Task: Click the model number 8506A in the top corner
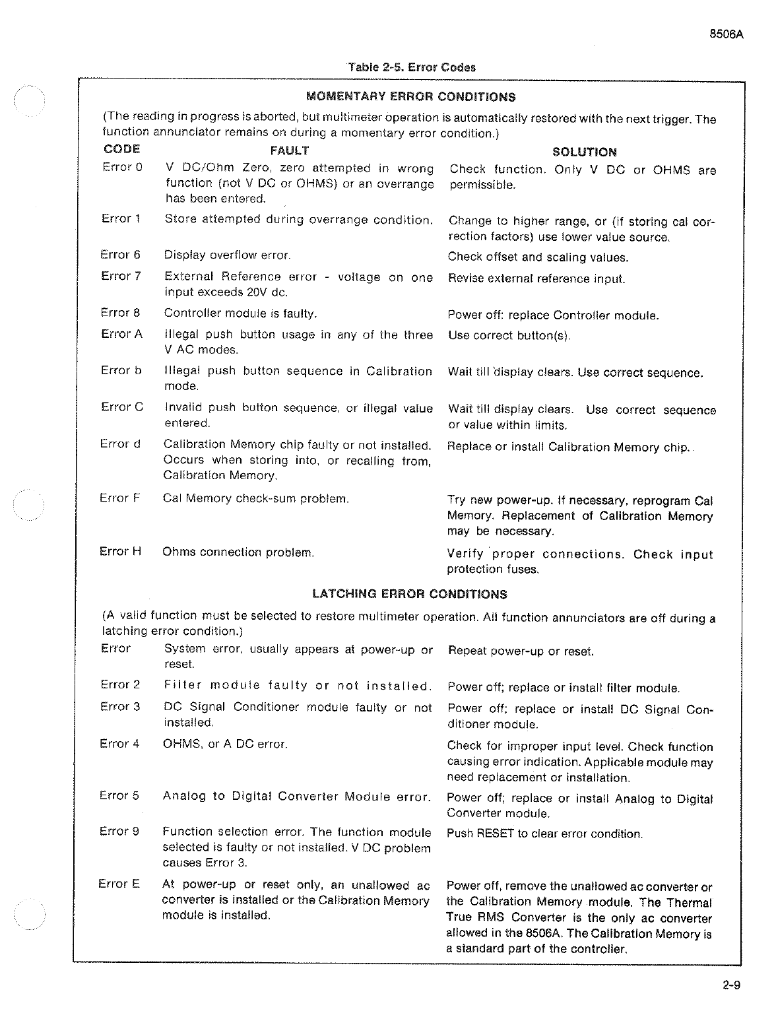coord(727,35)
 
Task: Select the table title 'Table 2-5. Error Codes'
coord(411,67)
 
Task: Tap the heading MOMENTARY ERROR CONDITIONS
coord(411,96)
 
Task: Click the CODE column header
coord(122,149)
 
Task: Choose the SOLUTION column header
coord(584,152)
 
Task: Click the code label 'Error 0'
coord(122,167)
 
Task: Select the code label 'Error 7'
coord(121,276)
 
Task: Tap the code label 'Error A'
coord(121,334)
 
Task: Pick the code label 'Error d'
coord(120,444)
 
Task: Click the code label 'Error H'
coord(120,551)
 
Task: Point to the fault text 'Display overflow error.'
coord(227,255)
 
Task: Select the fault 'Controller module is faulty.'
coord(241,313)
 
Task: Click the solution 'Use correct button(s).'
coord(509,335)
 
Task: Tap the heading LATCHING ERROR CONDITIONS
coord(409,594)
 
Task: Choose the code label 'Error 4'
coord(119,744)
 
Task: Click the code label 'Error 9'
coord(119,832)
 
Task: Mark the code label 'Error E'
coord(119,884)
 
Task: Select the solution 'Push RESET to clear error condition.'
coord(544,834)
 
